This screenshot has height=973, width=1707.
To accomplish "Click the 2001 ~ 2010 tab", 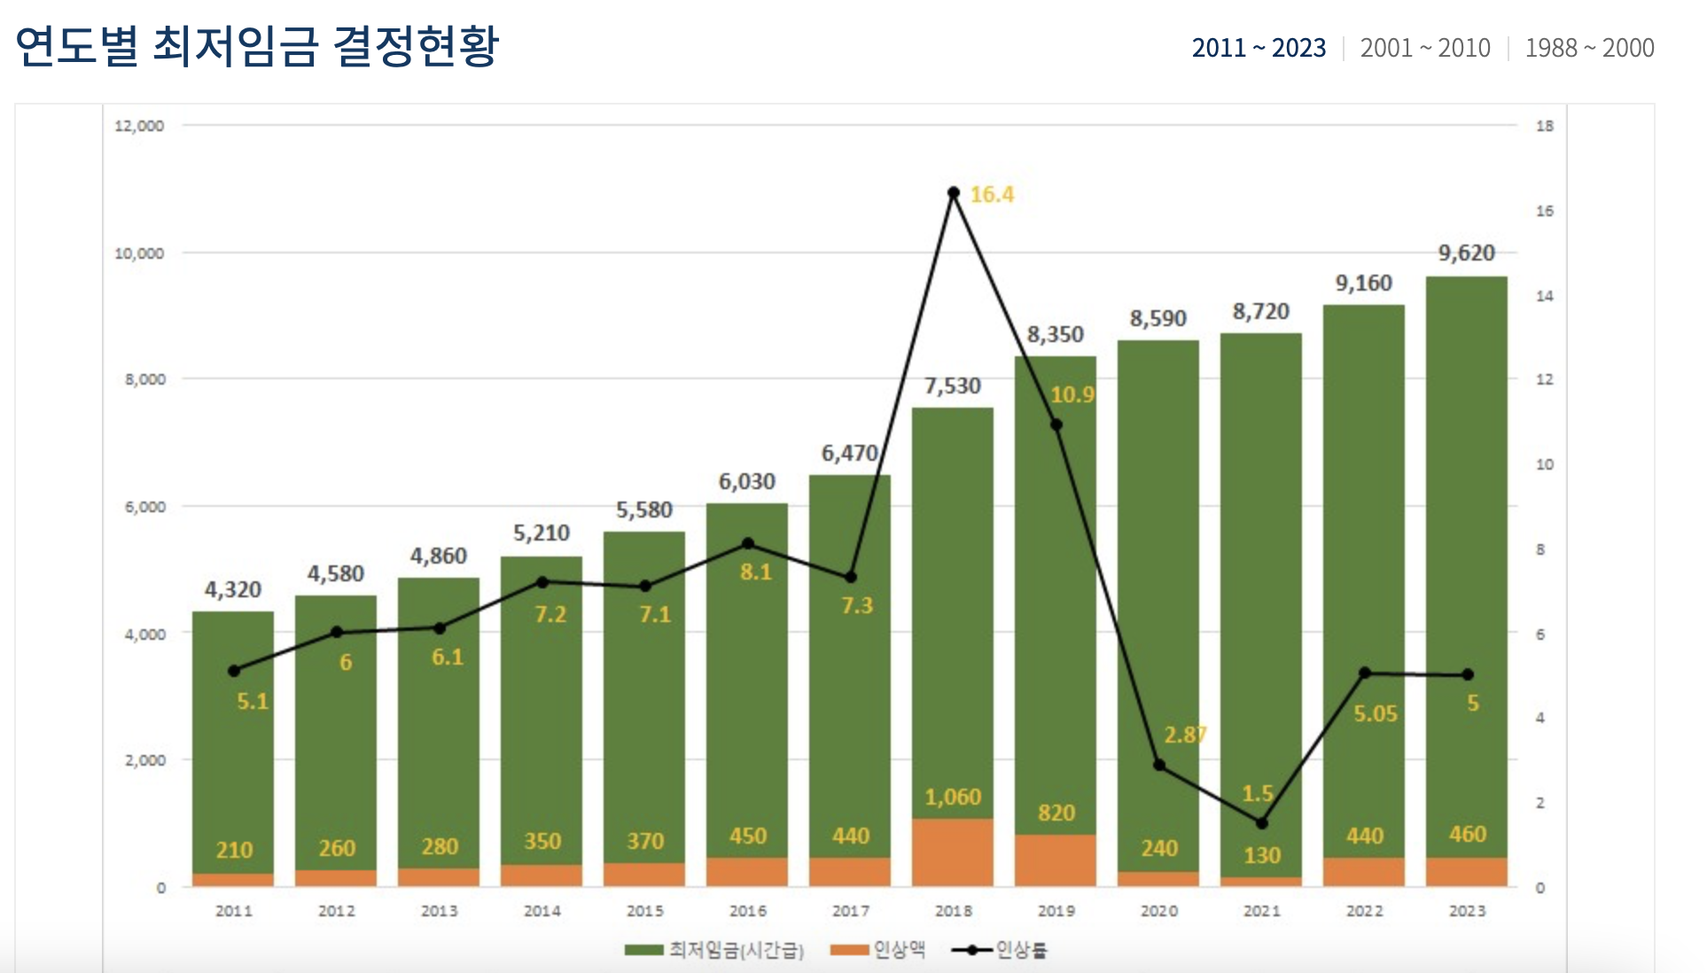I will pos(1425,48).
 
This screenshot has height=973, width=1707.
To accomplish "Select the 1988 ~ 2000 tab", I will pos(1589,48).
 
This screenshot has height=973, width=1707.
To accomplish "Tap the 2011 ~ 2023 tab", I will pos(1259,48).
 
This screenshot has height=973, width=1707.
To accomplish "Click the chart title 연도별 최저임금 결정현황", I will pos(257,46).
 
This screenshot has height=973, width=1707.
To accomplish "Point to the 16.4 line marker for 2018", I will pos(954,192).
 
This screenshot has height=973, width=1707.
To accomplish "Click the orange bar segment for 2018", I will pos(953,852).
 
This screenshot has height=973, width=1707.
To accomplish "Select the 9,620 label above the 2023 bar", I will pos(1466,253).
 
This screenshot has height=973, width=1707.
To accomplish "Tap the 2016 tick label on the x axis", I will pos(748,911).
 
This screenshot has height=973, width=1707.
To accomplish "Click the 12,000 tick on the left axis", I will pos(139,126).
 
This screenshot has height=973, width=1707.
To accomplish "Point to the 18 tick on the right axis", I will pos(1545,126).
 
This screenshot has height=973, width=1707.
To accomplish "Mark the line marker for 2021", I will pos(1262,823).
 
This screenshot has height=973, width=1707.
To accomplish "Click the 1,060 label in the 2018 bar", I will pos(953,797).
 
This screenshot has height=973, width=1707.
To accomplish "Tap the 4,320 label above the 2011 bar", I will pos(233,589).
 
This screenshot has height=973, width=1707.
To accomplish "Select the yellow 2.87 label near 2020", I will pos(1185,735).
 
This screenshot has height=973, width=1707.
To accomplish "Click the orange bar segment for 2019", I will pos(1056,860).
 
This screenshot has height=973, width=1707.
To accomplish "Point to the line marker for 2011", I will pos(234,671).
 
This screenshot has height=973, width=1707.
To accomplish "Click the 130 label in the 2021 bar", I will pos(1262,855).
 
